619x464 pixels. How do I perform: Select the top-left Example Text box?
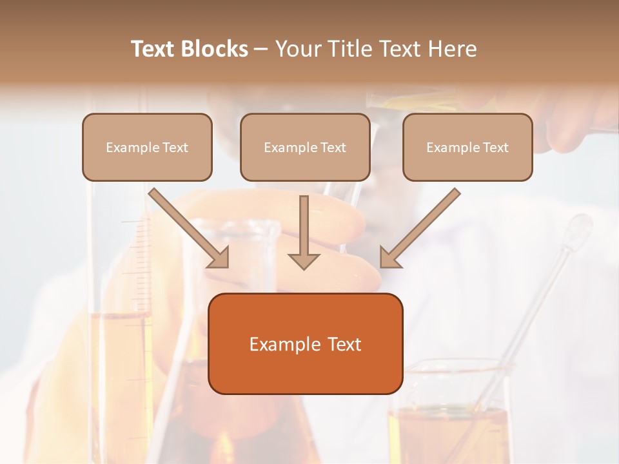tap(147, 147)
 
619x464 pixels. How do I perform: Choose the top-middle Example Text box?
tap(305, 147)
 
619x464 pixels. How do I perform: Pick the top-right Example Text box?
tap(467, 147)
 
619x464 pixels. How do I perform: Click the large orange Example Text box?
tap(305, 343)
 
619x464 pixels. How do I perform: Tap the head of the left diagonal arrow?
tap(219, 258)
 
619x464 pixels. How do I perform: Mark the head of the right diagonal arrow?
tap(389, 258)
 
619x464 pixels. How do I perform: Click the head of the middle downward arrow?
tap(304, 260)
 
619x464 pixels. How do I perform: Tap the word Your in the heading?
tap(298, 49)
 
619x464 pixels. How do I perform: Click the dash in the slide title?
tap(261, 49)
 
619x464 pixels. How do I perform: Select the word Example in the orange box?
tap(282, 344)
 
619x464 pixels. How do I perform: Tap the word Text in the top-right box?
tap(496, 147)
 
